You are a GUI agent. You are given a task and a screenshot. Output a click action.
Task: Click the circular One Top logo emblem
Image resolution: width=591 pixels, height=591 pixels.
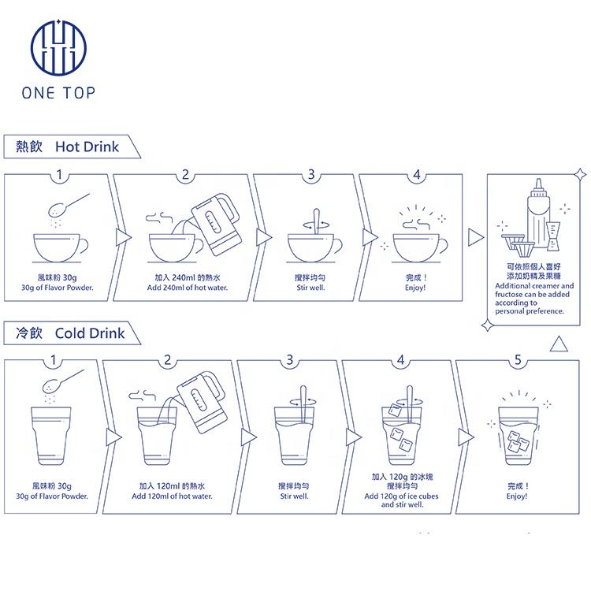58,47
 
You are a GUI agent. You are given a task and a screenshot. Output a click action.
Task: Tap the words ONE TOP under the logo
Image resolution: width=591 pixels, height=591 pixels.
58,93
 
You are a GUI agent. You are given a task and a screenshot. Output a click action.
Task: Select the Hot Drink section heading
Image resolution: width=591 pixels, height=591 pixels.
67,147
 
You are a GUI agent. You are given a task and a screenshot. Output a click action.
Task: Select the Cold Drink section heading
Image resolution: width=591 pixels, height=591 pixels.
70,333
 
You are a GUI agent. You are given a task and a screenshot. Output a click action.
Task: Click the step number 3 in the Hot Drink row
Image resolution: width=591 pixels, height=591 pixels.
311,174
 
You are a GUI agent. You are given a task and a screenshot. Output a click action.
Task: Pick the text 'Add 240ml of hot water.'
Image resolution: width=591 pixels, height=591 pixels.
188,288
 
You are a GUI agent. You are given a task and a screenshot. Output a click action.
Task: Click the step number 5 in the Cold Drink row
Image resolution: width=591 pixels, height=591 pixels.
518,360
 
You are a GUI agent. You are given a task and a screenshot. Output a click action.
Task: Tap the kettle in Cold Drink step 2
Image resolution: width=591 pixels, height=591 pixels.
203,402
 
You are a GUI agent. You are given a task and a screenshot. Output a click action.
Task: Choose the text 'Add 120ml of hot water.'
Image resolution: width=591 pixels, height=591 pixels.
172,496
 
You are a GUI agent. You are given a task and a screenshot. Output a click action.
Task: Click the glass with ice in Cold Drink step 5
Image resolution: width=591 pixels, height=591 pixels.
519,436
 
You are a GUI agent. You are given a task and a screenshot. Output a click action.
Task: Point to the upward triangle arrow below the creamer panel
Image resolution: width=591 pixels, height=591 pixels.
559,344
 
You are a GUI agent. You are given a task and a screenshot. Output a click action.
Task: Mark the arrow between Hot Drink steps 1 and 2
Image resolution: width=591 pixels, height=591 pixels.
123,237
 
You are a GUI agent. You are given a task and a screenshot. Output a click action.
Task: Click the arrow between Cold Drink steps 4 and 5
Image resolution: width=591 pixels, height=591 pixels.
466,437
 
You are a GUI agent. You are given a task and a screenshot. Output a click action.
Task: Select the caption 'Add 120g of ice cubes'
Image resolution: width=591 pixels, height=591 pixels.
401,496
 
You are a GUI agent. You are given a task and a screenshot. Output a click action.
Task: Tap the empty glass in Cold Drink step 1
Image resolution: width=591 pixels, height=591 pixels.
51,436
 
